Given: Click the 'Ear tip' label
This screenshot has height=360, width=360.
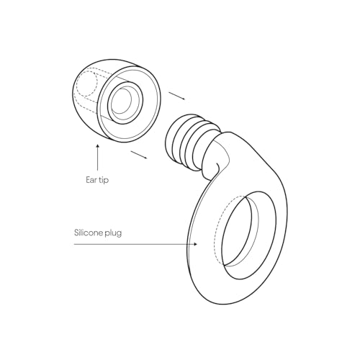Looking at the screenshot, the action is click(x=97, y=180).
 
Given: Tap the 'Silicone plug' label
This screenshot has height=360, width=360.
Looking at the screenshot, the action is click(x=98, y=233).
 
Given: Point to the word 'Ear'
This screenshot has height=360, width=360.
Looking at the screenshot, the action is click(x=91, y=180).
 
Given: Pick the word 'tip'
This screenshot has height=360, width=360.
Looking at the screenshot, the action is click(x=104, y=181).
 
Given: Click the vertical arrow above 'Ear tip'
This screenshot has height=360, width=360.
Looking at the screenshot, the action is click(x=97, y=158).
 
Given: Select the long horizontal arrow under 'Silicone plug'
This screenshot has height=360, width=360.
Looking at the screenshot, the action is click(x=135, y=244).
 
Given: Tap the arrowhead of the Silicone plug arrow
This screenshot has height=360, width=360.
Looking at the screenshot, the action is click(x=196, y=244).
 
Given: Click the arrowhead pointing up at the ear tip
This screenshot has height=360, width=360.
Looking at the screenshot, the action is click(x=97, y=146).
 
